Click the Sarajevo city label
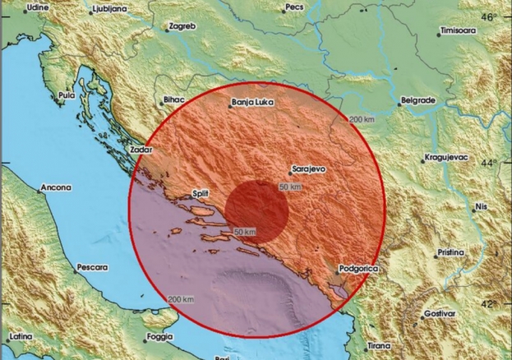pos(310,170)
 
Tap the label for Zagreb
pos(182,26)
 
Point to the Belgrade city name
pos(417,100)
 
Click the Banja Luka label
pos(250,104)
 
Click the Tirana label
pos(381,346)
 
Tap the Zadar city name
pos(142,150)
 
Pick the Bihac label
pos(174,100)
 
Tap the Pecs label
pos(294,7)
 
